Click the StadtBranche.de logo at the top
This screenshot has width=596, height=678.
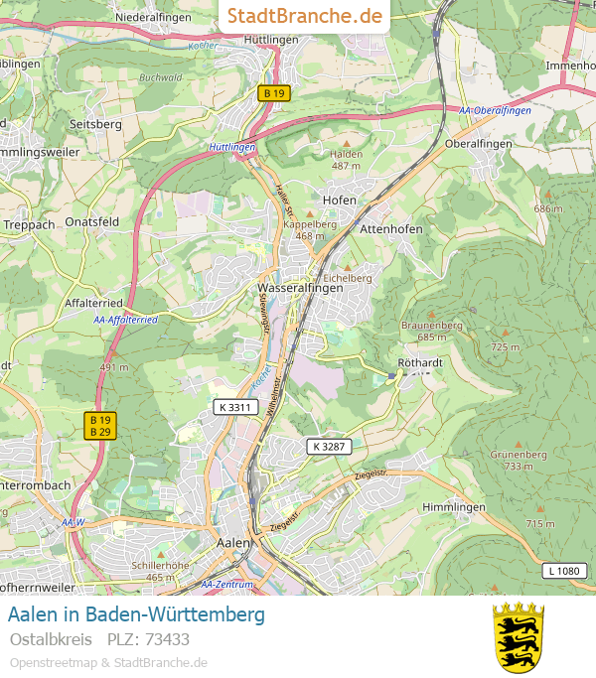(304, 16)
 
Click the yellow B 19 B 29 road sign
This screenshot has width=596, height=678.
(100, 425)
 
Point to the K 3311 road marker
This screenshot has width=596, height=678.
(233, 407)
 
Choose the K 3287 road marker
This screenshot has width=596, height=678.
(329, 446)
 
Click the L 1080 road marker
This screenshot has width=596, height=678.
(563, 570)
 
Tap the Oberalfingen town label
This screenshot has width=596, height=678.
(479, 143)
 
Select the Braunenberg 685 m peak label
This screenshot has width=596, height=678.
(431, 331)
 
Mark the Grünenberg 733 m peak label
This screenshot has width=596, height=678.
(519, 460)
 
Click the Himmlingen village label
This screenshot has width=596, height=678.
(454, 507)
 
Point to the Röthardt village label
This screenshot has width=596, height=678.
(419, 363)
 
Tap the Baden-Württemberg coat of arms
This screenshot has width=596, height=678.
(519, 636)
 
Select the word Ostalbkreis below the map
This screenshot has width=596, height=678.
(51, 638)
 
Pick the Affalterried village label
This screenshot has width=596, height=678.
(92, 302)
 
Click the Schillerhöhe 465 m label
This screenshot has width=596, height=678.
(160, 571)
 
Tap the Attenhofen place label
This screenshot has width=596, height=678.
(391, 228)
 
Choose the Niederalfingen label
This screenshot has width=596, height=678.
(152, 17)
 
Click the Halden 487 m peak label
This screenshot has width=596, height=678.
(346, 160)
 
